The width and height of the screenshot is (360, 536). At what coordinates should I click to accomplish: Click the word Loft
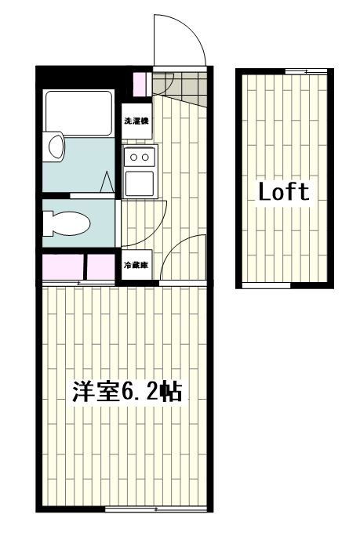tap(284, 191)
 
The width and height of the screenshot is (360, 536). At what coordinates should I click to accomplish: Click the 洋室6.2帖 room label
tap(128, 392)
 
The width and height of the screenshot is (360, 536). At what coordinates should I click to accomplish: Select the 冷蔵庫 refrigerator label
tap(136, 266)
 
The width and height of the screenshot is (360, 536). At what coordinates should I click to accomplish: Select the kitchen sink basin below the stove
tap(139, 183)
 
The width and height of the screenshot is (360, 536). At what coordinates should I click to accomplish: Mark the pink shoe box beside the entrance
tap(140, 82)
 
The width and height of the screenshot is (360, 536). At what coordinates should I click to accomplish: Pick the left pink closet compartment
tap(62, 266)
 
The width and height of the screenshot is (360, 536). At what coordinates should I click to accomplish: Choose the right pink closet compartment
tap(100, 266)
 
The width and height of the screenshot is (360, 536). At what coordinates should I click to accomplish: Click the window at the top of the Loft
tap(306, 71)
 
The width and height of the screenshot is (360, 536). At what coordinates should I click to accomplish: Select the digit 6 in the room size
tap(130, 392)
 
